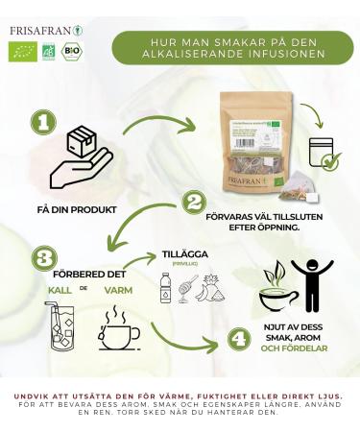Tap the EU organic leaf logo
pos(21,52)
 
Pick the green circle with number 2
pos(195,202)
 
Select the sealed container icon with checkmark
pos(321,155)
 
